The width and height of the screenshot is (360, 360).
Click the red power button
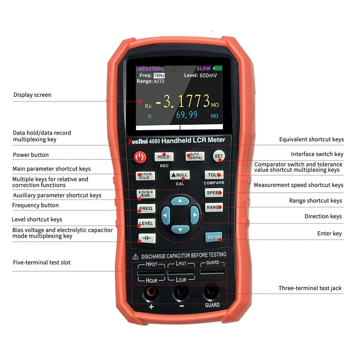[x=139, y=157]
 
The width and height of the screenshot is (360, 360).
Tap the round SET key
[x=219, y=156]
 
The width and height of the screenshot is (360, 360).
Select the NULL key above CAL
[x=179, y=175]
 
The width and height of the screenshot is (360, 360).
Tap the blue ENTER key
[x=214, y=237]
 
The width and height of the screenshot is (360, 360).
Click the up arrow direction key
[x=180, y=201]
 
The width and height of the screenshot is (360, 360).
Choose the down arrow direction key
[x=180, y=229]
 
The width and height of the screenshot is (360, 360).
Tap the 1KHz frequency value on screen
[x=159, y=75]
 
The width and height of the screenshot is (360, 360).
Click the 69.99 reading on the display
[x=187, y=115]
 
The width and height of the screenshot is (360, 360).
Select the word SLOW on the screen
[x=204, y=69]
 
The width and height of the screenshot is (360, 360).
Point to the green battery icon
[x=218, y=68]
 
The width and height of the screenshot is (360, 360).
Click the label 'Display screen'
[x=32, y=95]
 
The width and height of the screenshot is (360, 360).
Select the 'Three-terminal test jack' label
[x=310, y=288]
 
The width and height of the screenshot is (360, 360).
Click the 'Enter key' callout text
[x=329, y=233]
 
